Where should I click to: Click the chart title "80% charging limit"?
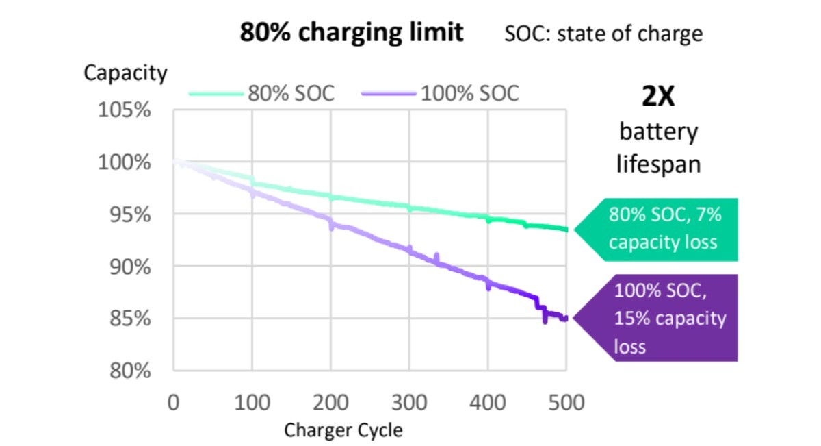coord(351,32)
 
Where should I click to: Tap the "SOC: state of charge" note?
coord(603,33)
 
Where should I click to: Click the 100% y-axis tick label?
coord(125,162)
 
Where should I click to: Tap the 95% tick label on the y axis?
coord(129,214)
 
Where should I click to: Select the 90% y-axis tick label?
coord(129,267)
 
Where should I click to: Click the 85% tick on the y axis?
coord(129,319)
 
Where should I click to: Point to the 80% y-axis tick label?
coord(129,371)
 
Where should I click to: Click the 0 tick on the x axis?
coord(173,401)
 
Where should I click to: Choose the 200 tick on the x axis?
coord(330,401)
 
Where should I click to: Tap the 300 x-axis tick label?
coord(409,401)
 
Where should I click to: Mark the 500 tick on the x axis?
coord(566,401)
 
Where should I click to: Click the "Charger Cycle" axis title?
coord(343,430)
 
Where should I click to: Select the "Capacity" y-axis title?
coord(125,73)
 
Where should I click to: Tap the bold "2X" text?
coord(658,97)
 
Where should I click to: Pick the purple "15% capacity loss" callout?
coord(667,318)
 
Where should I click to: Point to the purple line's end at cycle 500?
coord(565,318)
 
